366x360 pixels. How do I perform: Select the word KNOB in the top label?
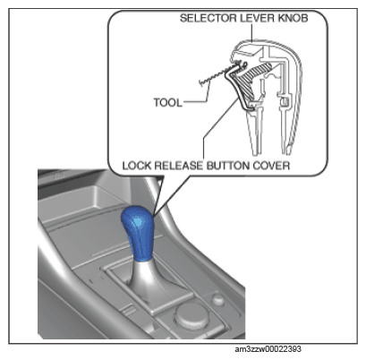pyautogui.click(x=294, y=18)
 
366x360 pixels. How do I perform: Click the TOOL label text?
pyautogui.click(x=167, y=103)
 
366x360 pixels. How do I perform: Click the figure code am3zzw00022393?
pyautogui.click(x=268, y=349)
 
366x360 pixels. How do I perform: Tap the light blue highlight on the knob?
pyautogui.click(x=138, y=221)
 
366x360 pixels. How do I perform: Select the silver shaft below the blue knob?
pyautogui.click(x=143, y=279)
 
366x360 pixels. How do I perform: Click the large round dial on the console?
pyautogui.click(x=190, y=315)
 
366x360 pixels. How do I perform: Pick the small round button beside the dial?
pyautogui.click(x=217, y=298)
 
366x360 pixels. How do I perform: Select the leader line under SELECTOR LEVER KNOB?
pyautogui.click(x=252, y=33)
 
